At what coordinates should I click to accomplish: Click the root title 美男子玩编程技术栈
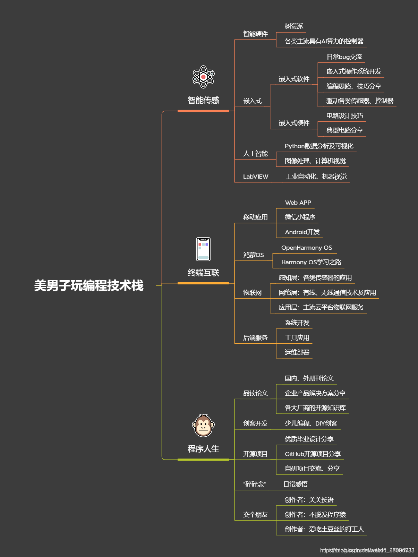click(x=89, y=286)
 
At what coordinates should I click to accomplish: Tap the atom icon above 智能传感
click(x=204, y=77)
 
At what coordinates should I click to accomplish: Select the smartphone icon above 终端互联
click(x=203, y=249)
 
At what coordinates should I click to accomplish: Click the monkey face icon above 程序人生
click(x=203, y=426)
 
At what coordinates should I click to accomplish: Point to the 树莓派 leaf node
click(x=294, y=26)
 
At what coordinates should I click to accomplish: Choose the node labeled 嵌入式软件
click(x=294, y=79)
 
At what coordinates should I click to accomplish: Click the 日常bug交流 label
click(x=344, y=57)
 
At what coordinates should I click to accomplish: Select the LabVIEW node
click(x=256, y=177)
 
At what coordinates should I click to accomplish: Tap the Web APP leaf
click(x=298, y=203)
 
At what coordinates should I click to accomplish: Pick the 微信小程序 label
click(x=300, y=217)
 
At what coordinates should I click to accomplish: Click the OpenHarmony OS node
click(x=307, y=248)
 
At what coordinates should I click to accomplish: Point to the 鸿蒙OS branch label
click(x=254, y=255)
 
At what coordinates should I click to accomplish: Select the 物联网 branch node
click(x=252, y=293)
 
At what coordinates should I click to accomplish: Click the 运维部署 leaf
click(x=297, y=352)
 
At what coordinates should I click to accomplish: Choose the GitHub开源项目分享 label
click(x=313, y=454)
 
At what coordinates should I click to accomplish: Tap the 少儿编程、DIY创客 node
click(x=311, y=423)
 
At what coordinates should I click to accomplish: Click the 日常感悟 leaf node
click(x=295, y=484)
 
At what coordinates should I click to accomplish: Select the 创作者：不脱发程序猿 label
click(x=315, y=515)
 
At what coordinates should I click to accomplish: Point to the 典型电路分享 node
click(x=344, y=130)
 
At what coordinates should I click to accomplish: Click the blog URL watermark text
click(x=367, y=550)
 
